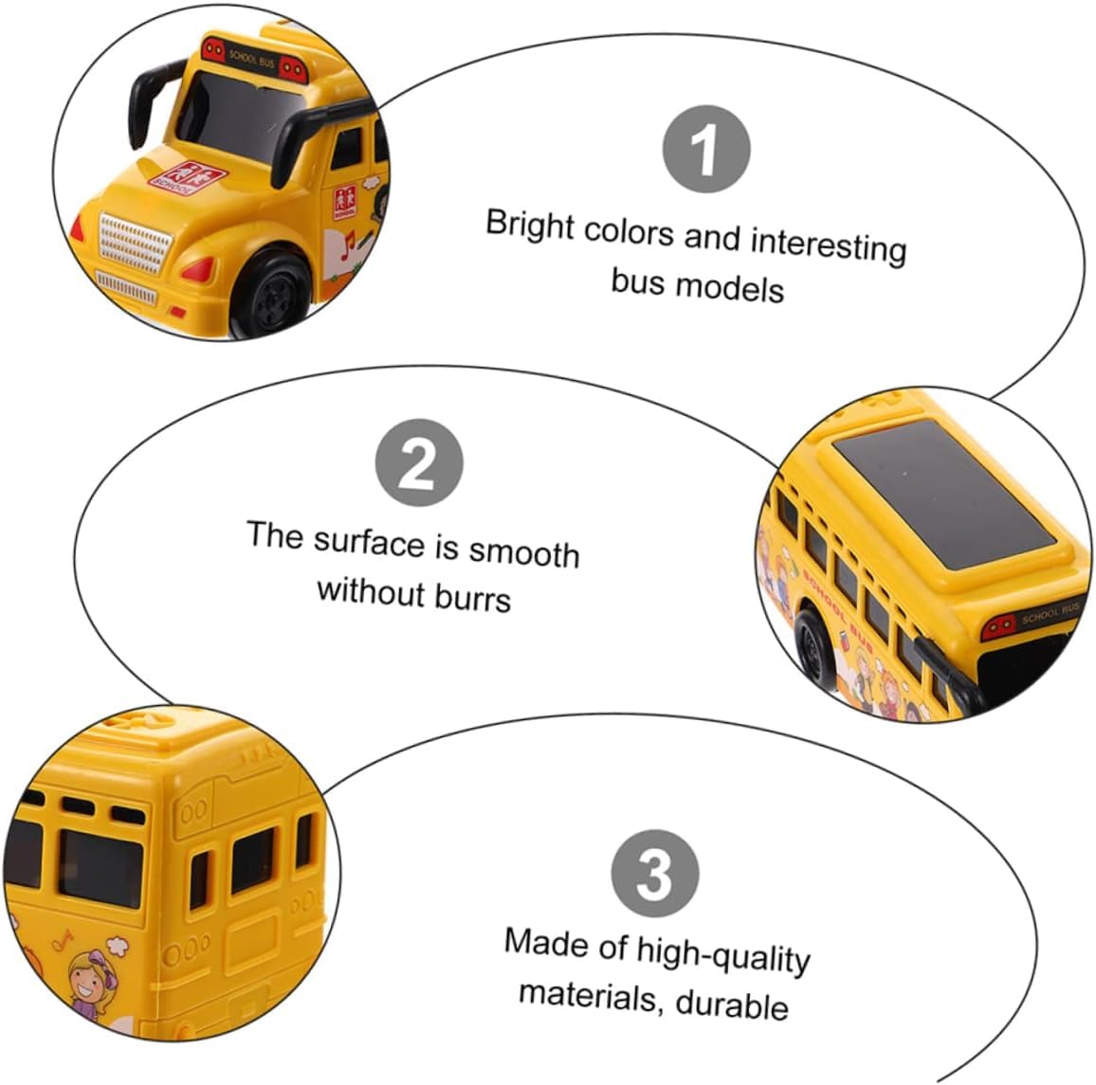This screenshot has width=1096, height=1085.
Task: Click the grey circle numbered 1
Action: click(706, 149)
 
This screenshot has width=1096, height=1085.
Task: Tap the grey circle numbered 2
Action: click(419, 462)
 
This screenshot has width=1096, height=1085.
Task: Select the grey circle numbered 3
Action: click(655, 874)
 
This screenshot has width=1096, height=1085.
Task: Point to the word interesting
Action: click(829, 245)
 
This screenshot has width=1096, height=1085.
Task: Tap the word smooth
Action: click(523, 552)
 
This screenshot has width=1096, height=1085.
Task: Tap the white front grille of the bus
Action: click(135, 244)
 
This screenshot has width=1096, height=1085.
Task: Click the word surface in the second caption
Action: click(369, 543)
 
